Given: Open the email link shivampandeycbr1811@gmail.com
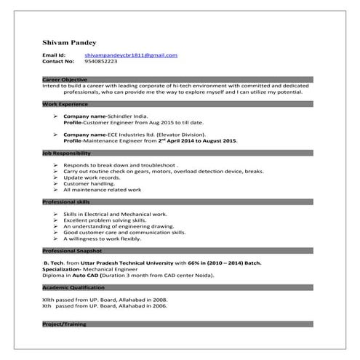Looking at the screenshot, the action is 131,55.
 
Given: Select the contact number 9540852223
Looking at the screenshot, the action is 101,62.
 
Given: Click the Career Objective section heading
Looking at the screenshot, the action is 65,79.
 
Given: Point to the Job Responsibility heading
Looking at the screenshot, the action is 66,153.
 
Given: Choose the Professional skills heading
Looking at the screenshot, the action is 66,201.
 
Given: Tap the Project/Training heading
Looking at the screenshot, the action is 63,324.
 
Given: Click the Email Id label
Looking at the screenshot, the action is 55,55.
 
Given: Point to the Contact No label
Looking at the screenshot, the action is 57,62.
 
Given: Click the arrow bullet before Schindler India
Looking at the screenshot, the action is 56,116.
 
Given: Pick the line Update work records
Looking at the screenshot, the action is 92,177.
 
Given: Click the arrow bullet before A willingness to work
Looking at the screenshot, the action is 56,239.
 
